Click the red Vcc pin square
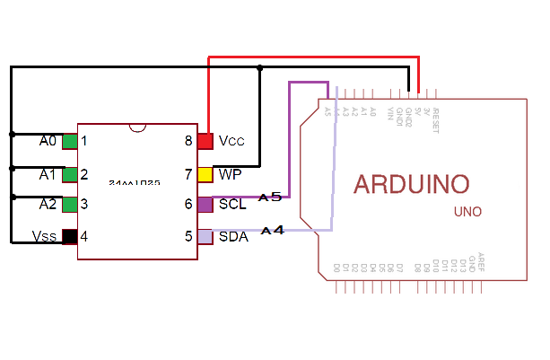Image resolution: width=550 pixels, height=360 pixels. click(205, 141)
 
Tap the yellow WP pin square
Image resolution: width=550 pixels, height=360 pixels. click(205, 173)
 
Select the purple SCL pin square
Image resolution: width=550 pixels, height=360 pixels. click(205, 205)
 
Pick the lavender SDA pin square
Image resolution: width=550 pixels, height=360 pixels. click(205, 237)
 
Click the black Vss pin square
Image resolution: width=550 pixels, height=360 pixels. click(69, 237)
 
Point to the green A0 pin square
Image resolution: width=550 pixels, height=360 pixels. click(69, 141)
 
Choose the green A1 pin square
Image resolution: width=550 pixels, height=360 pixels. click(69, 173)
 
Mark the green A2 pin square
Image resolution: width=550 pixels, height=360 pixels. click(69, 205)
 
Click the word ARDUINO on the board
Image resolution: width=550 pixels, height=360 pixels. click(412, 184)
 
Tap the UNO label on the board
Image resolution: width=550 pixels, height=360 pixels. click(467, 213)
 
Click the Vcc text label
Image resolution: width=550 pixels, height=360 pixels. click(231, 141)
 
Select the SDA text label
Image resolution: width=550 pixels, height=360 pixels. click(232, 237)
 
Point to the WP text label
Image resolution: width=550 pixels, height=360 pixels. click(230, 173)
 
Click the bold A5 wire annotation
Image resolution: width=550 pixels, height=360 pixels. click(270, 196)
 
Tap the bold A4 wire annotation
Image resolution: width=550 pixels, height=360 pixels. click(273, 231)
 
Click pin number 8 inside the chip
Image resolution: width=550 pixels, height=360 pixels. click(188, 141)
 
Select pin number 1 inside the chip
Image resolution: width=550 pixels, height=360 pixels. click(83, 141)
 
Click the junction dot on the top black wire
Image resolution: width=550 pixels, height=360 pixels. click(259, 67)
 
